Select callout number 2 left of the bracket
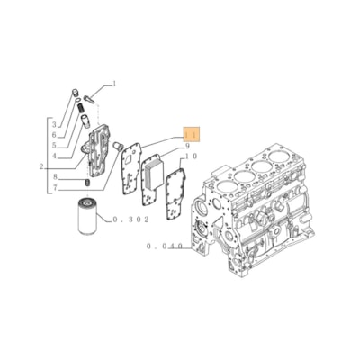pos(54,122)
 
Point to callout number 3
pos(54,156)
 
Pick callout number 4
pos(54,144)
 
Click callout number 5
pos(54,133)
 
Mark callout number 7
pos(54,176)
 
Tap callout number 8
pos(187,146)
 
